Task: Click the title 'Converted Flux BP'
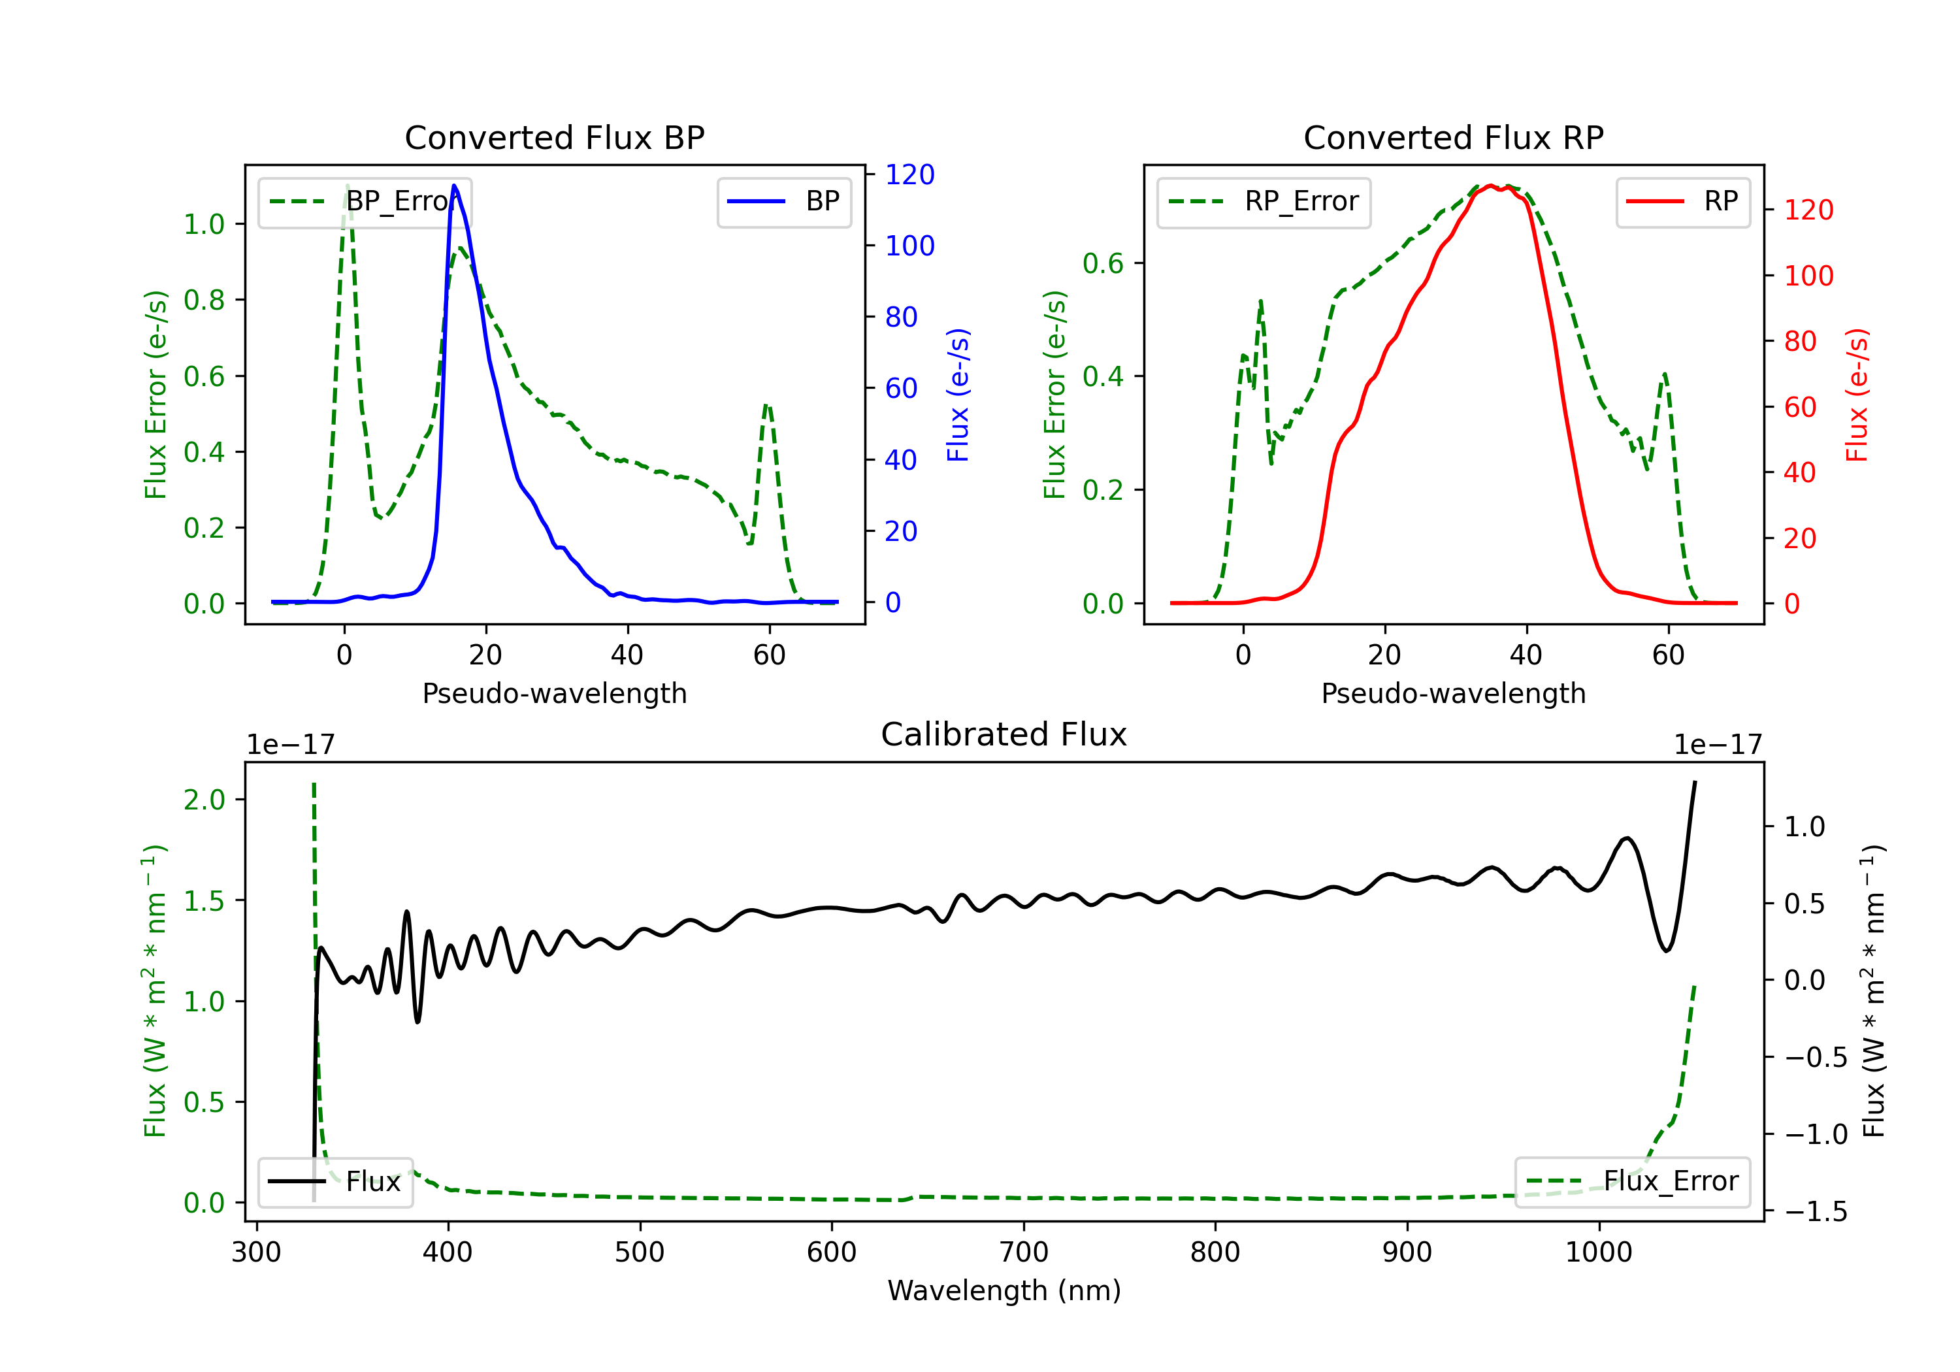tap(555, 137)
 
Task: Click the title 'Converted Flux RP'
tap(1453, 137)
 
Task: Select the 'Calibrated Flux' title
tap(1004, 734)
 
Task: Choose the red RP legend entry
tap(1682, 201)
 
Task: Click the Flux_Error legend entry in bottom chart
tap(1632, 1182)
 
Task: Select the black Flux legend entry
tap(336, 1182)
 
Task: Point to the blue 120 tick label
tap(909, 174)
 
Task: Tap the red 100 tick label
tap(1808, 276)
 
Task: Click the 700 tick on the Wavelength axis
tap(1024, 1252)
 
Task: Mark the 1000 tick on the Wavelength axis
tap(1599, 1252)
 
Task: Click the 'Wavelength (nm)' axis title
tap(1004, 1290)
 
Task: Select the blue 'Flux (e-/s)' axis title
tap(958, 395)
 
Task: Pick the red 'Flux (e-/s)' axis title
tap(1857, 395)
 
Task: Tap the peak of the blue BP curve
tap(454, 186)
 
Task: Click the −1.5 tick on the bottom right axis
tap(1816, 1211)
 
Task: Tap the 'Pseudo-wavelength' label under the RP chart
tap(1453, 693)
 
